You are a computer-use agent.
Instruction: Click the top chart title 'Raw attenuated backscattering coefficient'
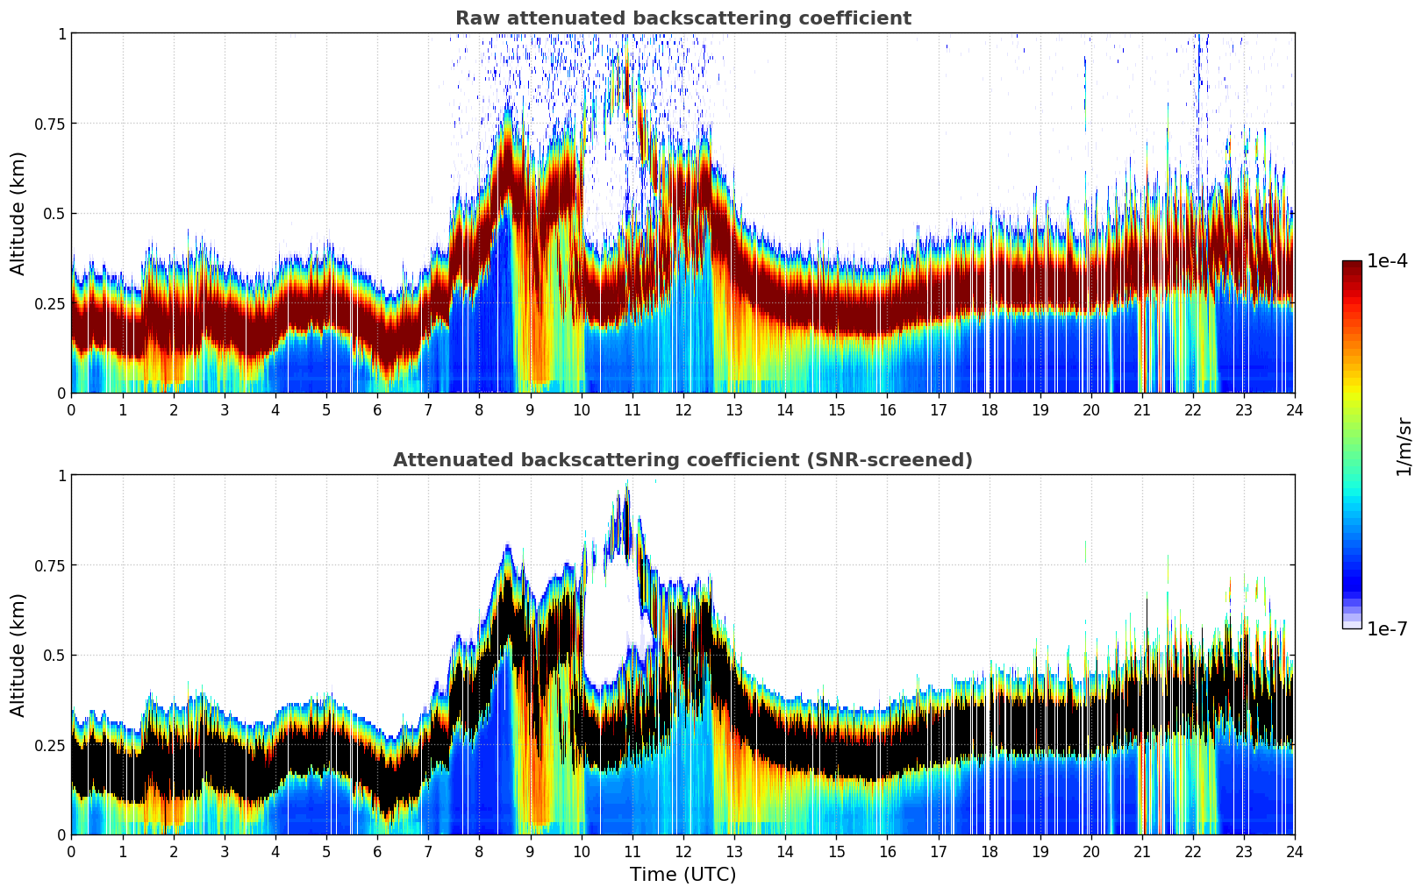(x=682, y=18)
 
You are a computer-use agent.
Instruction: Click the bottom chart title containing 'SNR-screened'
(x=682, y=460)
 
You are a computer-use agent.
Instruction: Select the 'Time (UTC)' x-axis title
(x=682, y=875)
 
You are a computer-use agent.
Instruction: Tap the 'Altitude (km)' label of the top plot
(x=18, y=213)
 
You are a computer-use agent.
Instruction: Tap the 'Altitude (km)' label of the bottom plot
(x=18, y=655)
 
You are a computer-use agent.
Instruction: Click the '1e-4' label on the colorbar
(x=1387, y=261)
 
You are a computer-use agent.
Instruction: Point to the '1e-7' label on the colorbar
(x=1387, y=628)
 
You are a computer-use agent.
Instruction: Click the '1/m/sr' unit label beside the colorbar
(x=1404, y=446)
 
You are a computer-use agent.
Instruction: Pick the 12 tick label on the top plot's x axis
(x=682, y=410)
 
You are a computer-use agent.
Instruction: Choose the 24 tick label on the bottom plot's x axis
(x=1294, y=852)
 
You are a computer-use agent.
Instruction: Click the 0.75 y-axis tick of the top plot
(x=50, y=124)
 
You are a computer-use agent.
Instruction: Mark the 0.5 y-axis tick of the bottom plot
(x=55, y=656)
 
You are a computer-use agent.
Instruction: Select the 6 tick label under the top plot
(x=377, y=410)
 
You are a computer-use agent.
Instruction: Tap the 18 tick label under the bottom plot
(x=989, y=852)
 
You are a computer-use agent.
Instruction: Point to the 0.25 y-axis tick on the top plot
(x=50, y=303)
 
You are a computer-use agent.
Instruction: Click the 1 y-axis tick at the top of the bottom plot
(x=61, y=476)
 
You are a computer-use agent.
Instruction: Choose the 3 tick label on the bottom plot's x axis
(x=225, y=852)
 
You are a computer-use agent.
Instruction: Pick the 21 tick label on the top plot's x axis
(x=1141, y=410)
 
